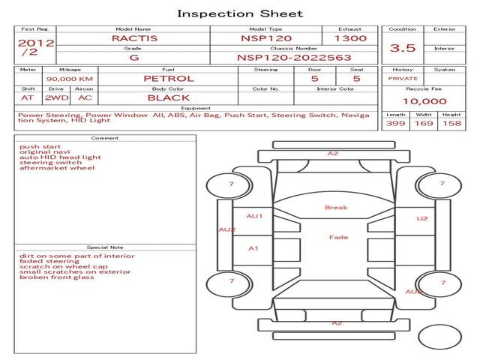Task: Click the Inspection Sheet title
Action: point(240,13)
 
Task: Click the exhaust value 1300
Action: point(350,37)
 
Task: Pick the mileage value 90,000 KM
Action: point(69,78)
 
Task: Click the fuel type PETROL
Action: point(168,78)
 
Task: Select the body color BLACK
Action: point(168,97)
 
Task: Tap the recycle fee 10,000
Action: point(424,101)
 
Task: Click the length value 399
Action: point(396,123)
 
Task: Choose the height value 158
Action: point(451,123)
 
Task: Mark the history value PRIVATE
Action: point(403,78)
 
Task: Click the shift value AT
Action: point(28,97)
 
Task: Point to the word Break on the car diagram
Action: point(336,208)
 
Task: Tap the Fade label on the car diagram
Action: point(338,238)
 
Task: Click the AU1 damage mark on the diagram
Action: point(255,216)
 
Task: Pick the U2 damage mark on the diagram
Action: point(422,218)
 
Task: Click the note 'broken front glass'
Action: point(56,277)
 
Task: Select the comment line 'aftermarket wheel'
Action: point(57,168)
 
